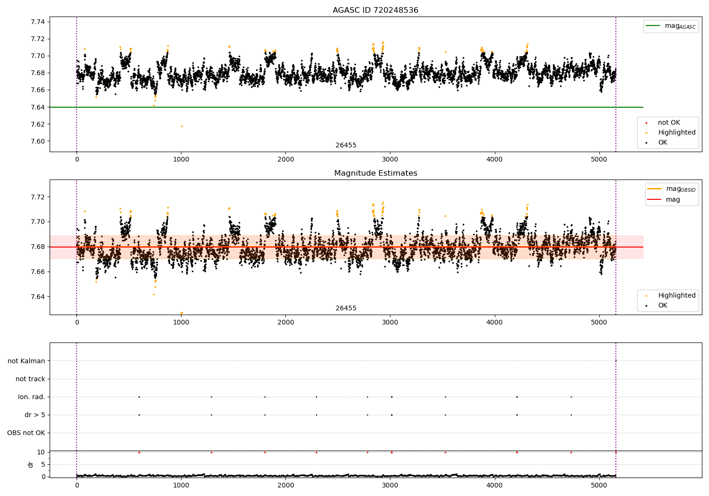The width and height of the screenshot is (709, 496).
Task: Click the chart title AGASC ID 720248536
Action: [x=375, y=10]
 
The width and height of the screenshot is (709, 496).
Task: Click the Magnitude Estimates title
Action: [x=375, y=173]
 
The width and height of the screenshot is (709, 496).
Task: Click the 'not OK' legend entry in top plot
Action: [x=668, y=123]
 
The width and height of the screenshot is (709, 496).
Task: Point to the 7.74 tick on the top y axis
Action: [x=38, y=22]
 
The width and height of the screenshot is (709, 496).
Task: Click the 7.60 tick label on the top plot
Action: [x=38, y=141]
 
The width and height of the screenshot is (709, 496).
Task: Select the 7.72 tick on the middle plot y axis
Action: [x=38, y=197]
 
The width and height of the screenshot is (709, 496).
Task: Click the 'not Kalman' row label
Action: [x=26, y=361]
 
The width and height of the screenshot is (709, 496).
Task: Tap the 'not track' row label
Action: [x=30, y=379]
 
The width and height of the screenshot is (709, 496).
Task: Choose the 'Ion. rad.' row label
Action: [x=32, y=397]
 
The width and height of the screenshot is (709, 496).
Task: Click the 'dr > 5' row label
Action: [x=35, y=415]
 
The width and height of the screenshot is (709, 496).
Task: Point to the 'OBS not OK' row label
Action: [x=26, y=433]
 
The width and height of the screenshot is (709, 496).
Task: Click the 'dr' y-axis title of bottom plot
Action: [x=31, y=464]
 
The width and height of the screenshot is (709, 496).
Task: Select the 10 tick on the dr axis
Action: [x=41, y=452]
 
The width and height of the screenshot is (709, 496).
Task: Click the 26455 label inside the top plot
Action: [x=346, y=145]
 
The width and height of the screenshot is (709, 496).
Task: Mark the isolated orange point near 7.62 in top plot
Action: [x=182, y=126]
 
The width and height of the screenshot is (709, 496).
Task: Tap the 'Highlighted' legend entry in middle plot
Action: [x=676, y=295]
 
